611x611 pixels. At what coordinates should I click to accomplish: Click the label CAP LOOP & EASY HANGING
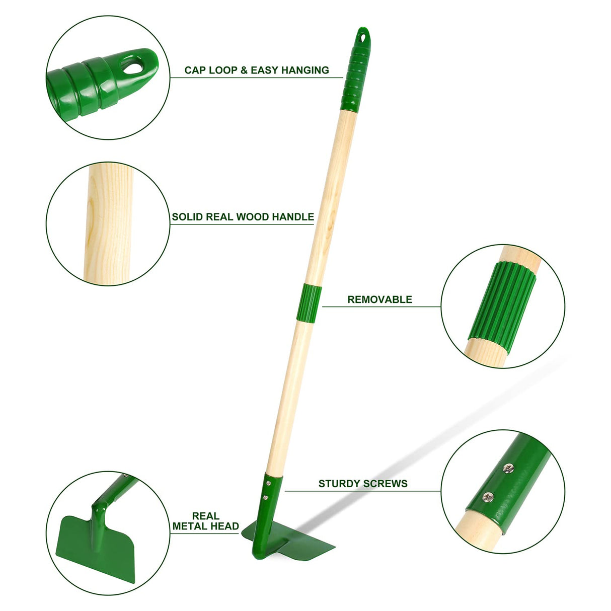tap(257, 70)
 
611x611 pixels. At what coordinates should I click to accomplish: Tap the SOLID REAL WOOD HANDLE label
tap(243, 217)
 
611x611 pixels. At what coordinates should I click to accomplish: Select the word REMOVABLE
tap(379, 299)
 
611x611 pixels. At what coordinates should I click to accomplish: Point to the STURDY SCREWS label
tap(363, 484)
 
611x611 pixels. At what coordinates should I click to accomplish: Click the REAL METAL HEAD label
tap(205, 521)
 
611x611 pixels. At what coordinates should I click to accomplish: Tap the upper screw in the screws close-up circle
tap(509, 469)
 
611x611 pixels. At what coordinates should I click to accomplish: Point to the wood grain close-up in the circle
tap(108, 224)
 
